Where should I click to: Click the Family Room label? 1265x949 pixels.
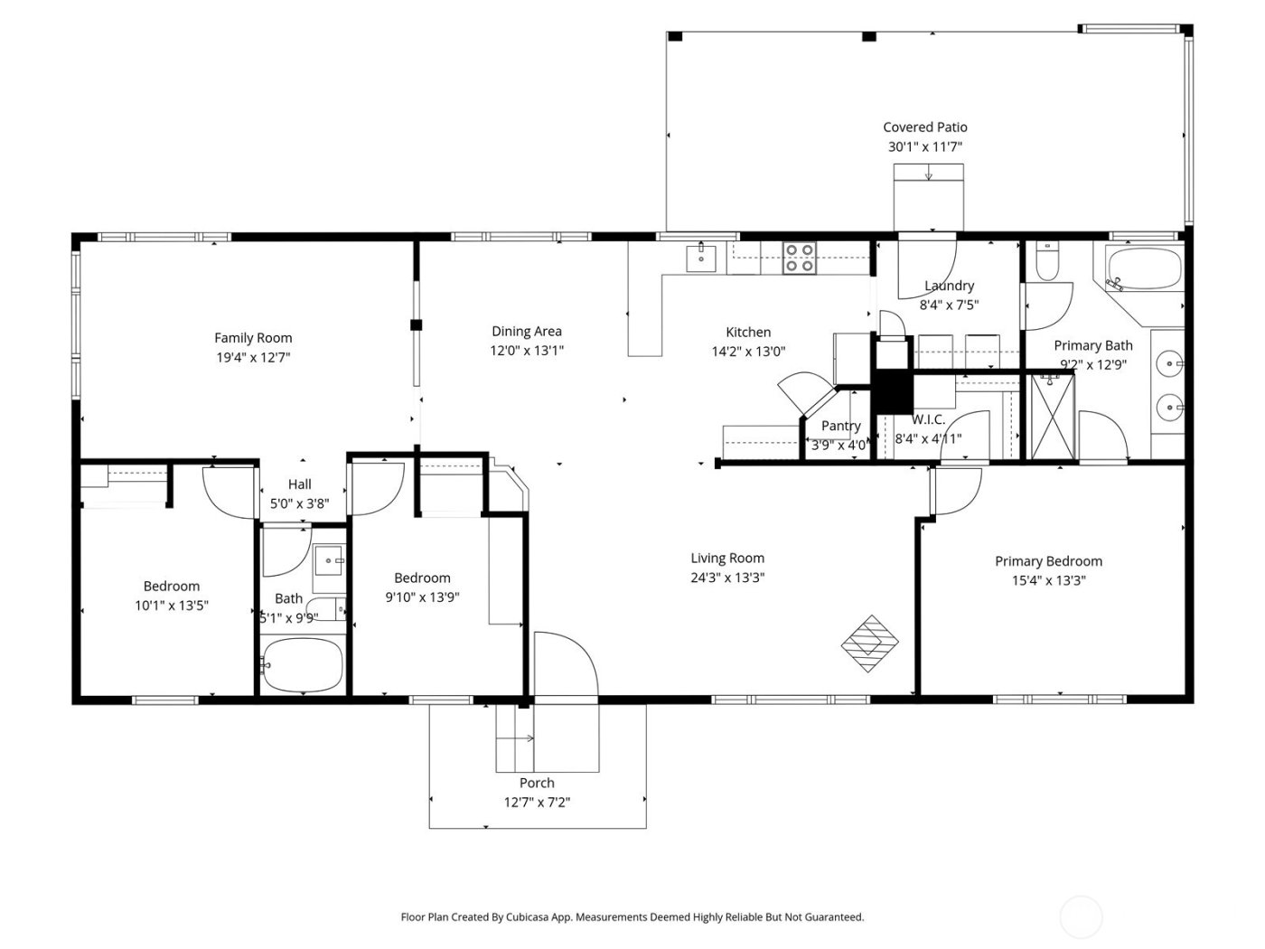(253, 338)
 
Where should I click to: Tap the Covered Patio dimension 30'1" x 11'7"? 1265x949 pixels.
(924, 146)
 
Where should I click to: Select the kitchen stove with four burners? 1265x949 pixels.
(799, 258)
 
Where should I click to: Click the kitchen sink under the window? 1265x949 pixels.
(700, 258)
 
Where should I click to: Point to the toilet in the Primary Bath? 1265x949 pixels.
(1047, 262)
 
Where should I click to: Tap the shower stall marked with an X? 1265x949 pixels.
(1053, 418)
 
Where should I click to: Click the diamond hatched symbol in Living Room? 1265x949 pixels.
(870, 644)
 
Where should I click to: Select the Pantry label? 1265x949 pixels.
(840, 426)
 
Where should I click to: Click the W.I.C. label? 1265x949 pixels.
(928, 420)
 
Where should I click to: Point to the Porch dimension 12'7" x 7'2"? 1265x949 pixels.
(537, 802)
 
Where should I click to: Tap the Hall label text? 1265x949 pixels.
(300, 484)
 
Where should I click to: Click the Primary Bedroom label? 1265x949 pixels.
(1048, 561)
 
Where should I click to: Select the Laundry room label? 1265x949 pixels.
(949, 286)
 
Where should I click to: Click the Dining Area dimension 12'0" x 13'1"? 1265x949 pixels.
(527, 351)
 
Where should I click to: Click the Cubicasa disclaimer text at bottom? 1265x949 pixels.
(632, 916)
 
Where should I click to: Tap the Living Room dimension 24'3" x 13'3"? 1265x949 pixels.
(727, 578)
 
